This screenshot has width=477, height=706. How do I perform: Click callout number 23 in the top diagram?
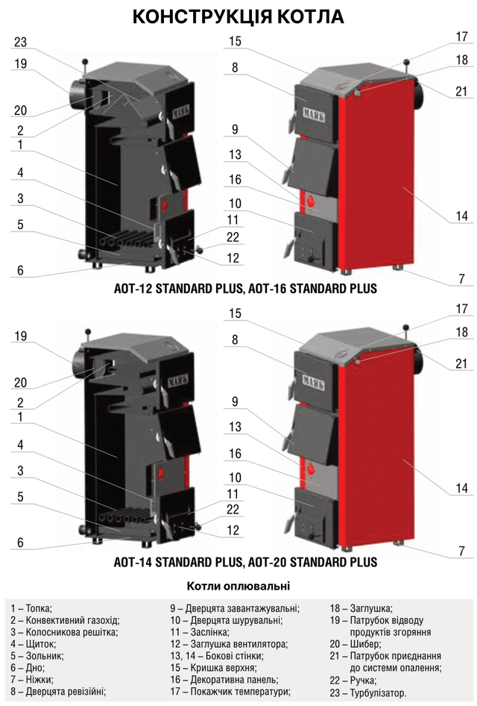tap(20, 43)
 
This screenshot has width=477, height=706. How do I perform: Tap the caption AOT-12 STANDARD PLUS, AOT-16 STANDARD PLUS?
tap(245, 289)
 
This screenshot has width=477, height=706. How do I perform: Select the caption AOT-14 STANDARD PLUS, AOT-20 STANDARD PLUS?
tap(245, 563)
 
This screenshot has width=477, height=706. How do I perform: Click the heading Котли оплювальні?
tap(238, 587)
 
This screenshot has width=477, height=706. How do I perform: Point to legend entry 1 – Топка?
tap(31, 609)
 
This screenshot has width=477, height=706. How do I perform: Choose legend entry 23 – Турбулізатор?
tap(367, 693)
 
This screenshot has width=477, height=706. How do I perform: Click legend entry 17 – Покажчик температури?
tap(230, 691)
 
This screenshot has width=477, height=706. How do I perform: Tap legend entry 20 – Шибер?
tap(356, 644)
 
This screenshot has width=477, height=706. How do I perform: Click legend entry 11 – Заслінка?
tap(200, 633)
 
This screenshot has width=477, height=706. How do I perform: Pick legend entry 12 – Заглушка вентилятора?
tap(229, 644)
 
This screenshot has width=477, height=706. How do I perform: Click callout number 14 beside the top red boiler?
tap(461, 216)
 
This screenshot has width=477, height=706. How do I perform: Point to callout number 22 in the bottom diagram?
tap(233, 510)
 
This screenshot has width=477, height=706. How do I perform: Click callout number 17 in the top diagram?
tap(461, 36)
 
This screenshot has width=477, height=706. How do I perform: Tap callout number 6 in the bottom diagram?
tap(20, 543)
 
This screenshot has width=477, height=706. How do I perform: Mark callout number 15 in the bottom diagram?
tap(235, 313)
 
